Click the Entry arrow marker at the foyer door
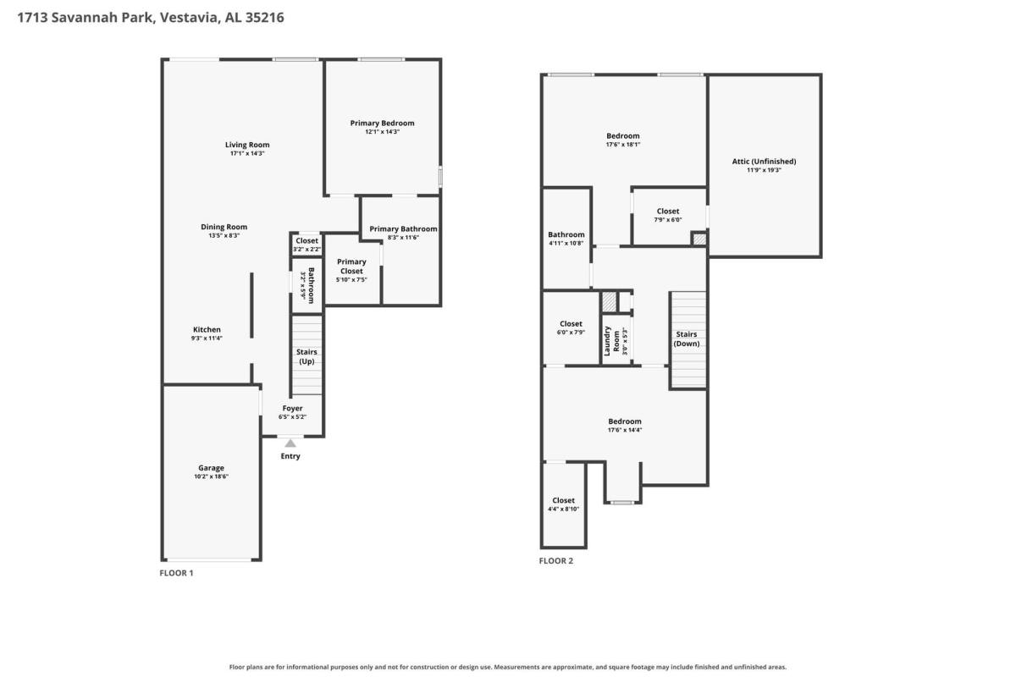coord(290,443)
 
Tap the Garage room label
coord(211,467)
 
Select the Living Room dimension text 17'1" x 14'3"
coord(247,153)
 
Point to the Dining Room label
coord(224,227)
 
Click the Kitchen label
coord(207,330)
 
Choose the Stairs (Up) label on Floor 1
coord(306,356)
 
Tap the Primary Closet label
coord(351,267)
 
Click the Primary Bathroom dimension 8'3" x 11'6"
coord(403,237)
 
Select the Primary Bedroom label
coord(383,123)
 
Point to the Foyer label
coord(293,408)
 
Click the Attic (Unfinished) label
coord(765,161)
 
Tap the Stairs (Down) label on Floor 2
coord(687,338)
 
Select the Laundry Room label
coord(611,340)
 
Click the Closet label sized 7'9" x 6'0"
coord(668,211)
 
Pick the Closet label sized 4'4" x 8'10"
coord(563,500)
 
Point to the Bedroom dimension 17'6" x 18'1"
coord(623,144)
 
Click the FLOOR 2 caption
coord(556,560)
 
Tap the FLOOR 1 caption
coord(176,573)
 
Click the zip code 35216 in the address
coord(265,17)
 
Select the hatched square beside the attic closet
coord(699,239)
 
